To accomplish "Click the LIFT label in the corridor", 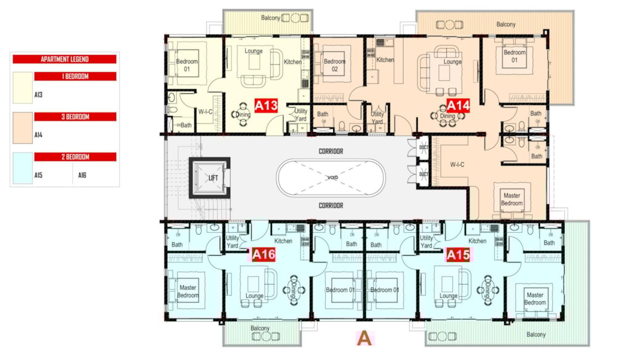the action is [213, 178].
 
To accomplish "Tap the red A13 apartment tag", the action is [266, 106].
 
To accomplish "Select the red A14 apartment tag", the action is [458, 106].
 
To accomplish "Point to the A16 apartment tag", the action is [263, 254].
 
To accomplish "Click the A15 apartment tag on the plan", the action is [458, 254].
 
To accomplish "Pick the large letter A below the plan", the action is [364, 338].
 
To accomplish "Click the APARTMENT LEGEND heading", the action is [65, 59].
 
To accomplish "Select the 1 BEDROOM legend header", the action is [75, 77].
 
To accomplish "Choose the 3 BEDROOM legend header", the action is [75, 117].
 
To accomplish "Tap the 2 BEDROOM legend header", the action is [75, 157].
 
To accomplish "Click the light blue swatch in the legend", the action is [22, 168].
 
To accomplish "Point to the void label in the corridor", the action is [333, 177].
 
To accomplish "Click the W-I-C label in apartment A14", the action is [457, 165].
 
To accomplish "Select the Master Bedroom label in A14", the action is [511, 199].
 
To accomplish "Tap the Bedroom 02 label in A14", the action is [334, 65].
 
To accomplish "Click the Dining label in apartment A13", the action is [242, 115].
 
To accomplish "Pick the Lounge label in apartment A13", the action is [254, 51].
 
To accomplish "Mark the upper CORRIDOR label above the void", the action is [331, 151].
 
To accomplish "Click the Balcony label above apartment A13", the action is [271, 18].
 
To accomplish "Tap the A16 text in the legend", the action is [82, 175].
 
